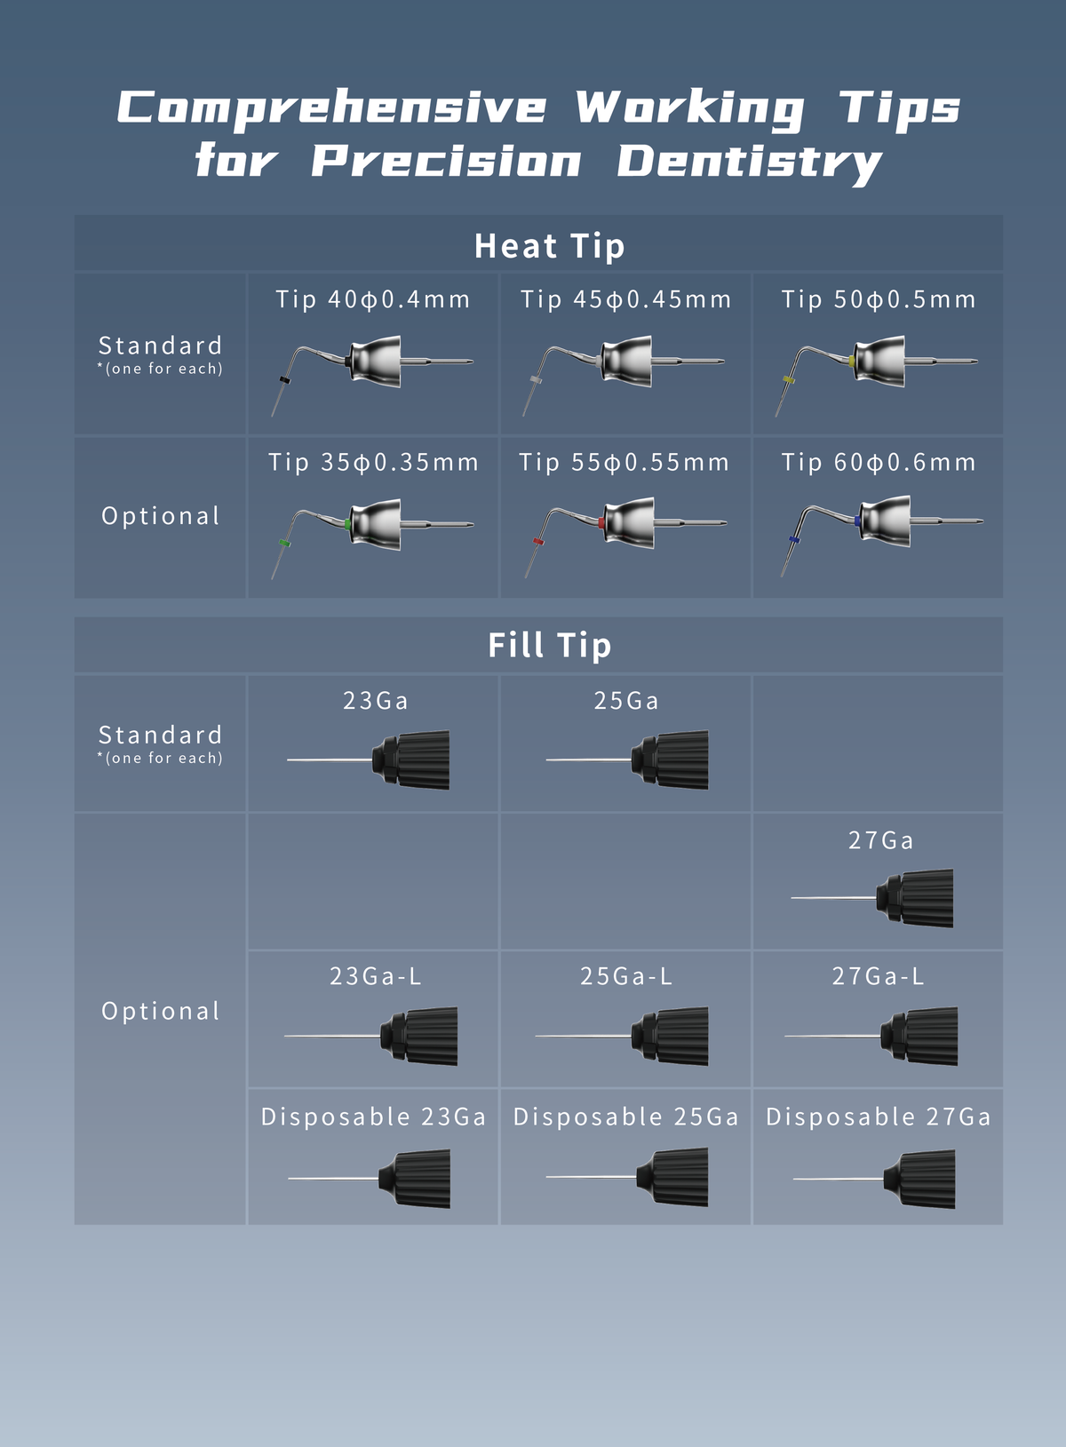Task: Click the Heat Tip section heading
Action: coord(549,246)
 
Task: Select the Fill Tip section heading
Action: coord(549,646)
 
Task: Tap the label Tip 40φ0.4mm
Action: coord(373,299)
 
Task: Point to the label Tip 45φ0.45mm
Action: coord(625,299)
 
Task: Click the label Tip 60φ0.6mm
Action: coord(878,463)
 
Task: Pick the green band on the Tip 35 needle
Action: coord(284,542)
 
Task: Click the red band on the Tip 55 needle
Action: coord(537,541)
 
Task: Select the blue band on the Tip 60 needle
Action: coord(794,539)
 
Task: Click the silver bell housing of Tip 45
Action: coord(627,362)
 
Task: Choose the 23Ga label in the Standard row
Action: coord(375,701)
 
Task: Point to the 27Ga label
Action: coord(880,840)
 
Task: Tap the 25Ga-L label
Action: coord(625,976)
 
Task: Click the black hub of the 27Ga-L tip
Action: coord(919,1036)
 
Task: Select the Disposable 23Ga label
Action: coord(373,1117)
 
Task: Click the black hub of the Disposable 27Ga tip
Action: coord(919,1179)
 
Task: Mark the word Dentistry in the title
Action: coord(750,162)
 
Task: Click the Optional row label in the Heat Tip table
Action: coord(160,516)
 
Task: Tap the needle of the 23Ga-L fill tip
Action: coord(333,1036)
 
